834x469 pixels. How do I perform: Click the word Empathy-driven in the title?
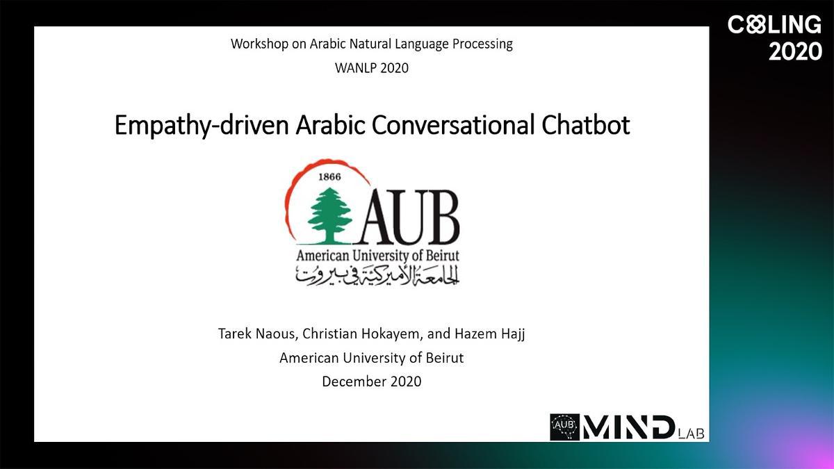click(x=202, y=126)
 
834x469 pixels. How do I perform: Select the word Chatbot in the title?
click(x=586, y=124)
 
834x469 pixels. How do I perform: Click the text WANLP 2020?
click(x=372, y=68)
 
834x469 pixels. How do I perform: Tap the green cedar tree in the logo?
click(x=330, y=215)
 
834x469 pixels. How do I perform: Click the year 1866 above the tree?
click(x=329, y=176)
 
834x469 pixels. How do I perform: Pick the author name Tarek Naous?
click(x=257, y=334)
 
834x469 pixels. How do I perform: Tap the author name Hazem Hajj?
click(x=489, y=334)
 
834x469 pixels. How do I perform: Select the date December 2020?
click(x=372, y=381)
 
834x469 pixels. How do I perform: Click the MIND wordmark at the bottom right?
click(x=628, y=427)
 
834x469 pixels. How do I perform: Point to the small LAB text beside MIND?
click(x=692, y=434)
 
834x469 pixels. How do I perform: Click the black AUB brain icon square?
click(x=565, y=427)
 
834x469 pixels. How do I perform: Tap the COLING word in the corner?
click(x=774, y=24)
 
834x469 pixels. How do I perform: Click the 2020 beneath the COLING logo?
click(x=795, y=51)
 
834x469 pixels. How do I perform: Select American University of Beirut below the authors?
click(x=372, y=358)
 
